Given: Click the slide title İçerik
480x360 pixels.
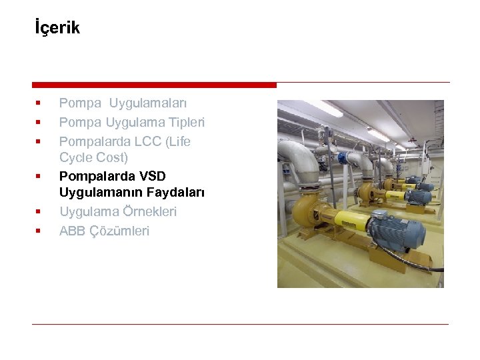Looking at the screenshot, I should point(57,28).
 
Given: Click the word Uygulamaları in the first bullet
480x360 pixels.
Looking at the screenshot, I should point(148,103).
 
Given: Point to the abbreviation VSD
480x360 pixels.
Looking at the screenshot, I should point(153,176).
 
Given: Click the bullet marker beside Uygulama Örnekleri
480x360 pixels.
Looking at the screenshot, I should point(39,211).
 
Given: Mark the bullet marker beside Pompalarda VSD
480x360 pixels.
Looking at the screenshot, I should point(39,176).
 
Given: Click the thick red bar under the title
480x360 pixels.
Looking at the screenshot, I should point(154,85).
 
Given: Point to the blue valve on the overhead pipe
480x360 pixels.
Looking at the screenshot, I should point(347,158).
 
